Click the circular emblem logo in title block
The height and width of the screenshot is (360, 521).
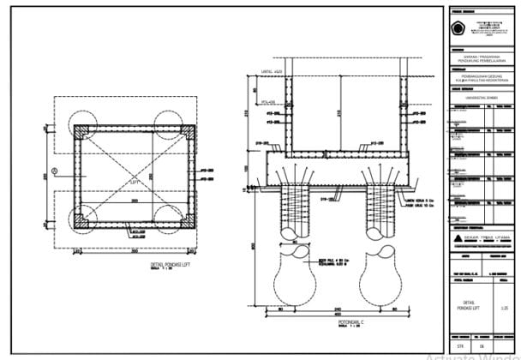[458, 27]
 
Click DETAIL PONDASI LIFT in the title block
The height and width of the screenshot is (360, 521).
[467, 306]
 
